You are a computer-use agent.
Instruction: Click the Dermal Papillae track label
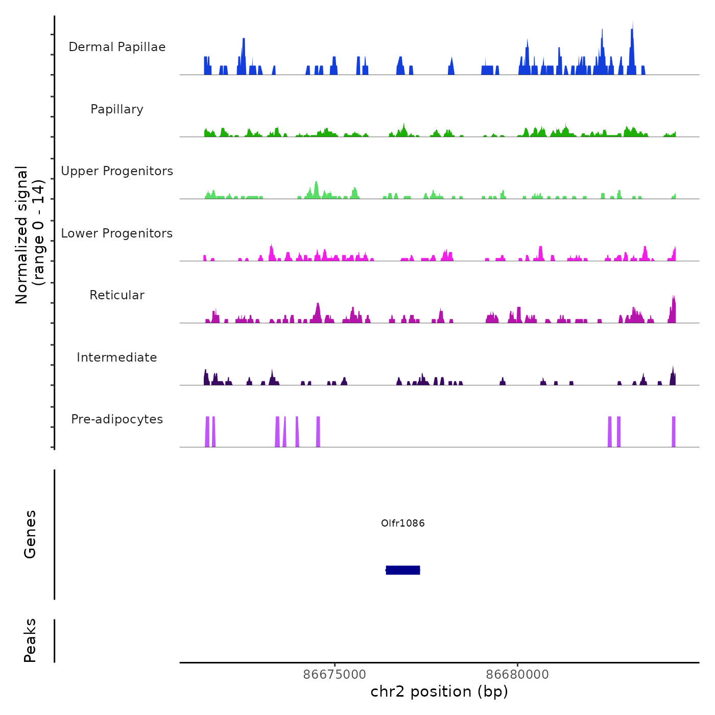117,47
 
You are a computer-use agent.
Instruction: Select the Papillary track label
117,109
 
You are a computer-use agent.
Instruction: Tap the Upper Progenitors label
117,171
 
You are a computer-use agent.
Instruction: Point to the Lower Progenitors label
117,233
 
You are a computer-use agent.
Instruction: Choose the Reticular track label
117,295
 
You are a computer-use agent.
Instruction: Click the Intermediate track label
117,357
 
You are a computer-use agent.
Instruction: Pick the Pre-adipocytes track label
117,419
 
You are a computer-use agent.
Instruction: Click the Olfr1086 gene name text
403,523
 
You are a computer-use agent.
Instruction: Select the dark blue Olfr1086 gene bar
403,570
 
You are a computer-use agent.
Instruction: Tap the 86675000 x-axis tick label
335,674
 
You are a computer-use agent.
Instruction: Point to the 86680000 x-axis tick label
517,674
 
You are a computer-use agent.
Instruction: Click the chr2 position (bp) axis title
439,692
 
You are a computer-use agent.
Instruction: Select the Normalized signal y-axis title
30,235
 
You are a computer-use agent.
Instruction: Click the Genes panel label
30,534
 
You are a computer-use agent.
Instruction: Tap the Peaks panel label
30,640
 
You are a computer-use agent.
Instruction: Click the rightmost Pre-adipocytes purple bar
674,432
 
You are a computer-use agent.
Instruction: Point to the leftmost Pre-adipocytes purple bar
207,432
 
